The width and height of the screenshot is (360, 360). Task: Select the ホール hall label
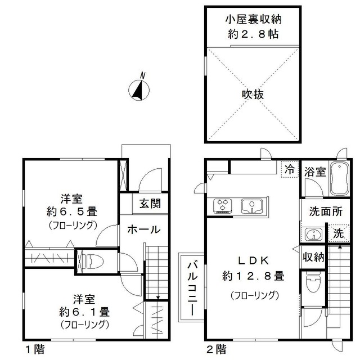coord(143,229)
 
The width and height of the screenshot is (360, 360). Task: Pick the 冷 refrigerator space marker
coord(289,169)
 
